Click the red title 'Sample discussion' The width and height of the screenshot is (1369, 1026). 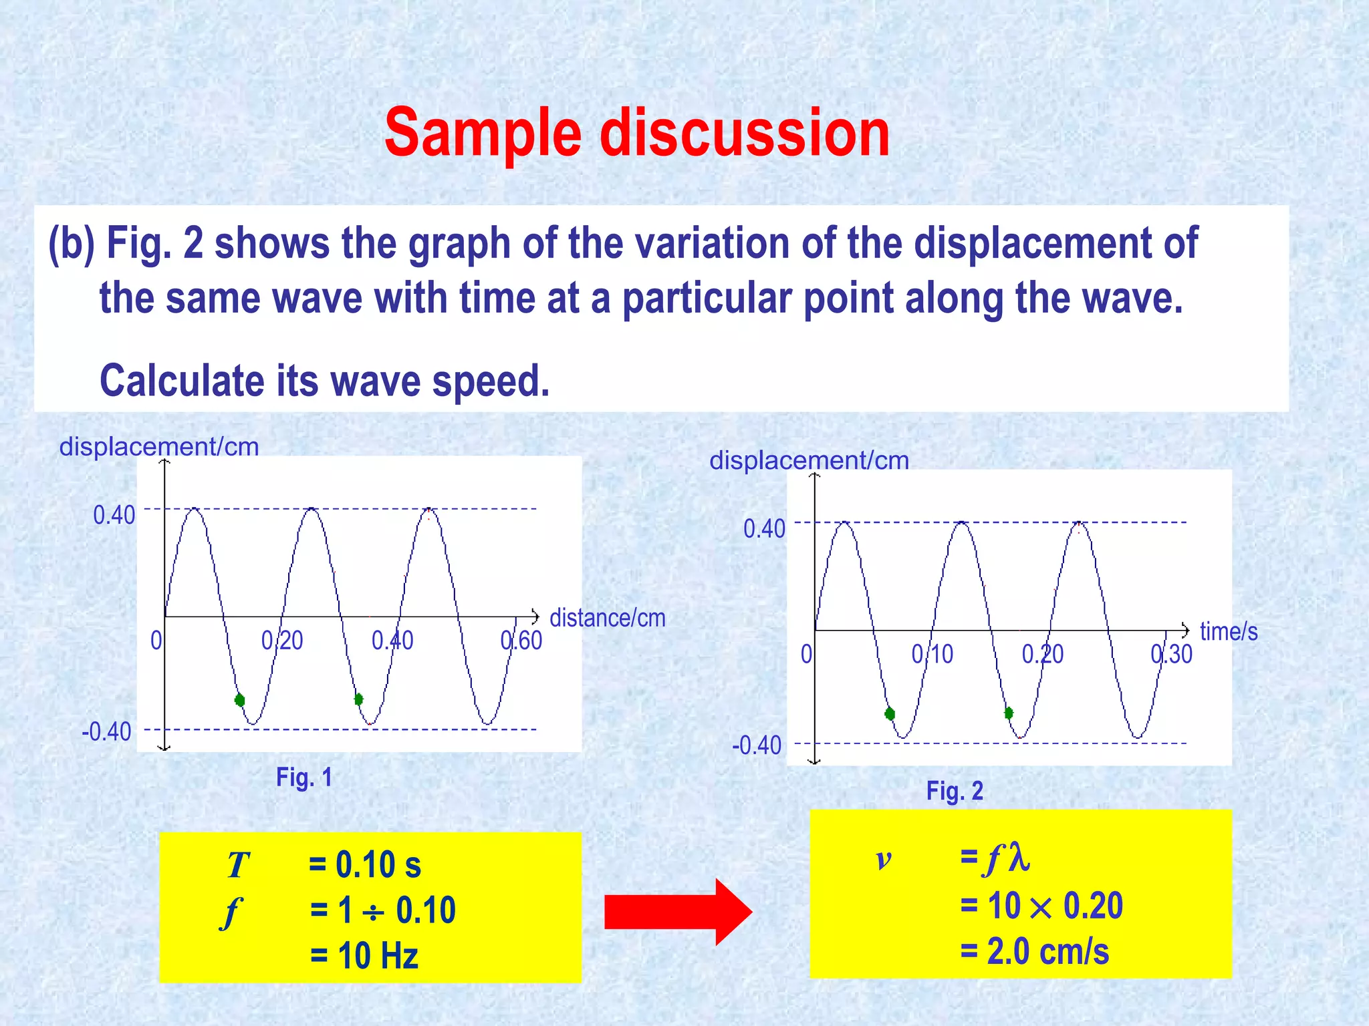click(636, 134)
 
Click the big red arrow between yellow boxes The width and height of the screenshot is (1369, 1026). click(676, 912)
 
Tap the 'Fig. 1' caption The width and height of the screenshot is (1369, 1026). click(304, 778)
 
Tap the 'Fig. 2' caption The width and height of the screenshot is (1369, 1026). click(954, 791)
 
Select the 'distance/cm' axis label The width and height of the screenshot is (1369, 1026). click(607, 619)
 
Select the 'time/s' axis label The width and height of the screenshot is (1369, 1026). click(1229, 632)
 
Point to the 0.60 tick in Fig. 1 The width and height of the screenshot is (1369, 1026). click(521, 641)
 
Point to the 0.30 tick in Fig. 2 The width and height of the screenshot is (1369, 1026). click(1171, 655)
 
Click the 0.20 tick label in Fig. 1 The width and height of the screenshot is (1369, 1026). click(282, 641)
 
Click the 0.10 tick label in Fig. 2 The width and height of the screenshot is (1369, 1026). click(932, 655)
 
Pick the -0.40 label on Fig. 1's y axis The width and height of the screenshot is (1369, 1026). click(106, 732)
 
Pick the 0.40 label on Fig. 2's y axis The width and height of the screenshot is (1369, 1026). click(764, 529)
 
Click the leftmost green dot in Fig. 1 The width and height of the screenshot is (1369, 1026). click(240, 700)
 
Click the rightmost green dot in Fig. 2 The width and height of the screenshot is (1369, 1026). click(1009, 713)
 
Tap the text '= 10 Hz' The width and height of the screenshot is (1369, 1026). click(364, 956)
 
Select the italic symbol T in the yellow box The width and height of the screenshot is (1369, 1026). click(237, 866)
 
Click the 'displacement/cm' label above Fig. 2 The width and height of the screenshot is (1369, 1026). click(809, 461)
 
